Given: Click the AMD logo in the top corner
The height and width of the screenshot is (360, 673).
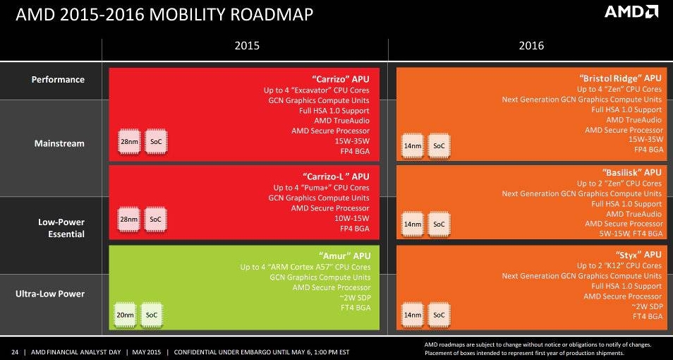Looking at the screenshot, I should [632, 13].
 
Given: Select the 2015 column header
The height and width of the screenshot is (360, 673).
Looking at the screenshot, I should [247, 45].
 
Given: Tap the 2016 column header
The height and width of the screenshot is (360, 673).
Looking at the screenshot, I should [531, 45].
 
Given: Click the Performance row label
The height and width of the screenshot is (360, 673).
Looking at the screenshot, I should [58, 80].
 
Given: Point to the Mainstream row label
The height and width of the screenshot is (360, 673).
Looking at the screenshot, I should [59, 143].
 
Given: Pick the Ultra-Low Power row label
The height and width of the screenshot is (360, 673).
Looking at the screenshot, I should [50, 294].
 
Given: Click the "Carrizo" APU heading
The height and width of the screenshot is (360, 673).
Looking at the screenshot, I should [340, 78].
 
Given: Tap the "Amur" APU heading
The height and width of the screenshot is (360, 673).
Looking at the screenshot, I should [345, 255].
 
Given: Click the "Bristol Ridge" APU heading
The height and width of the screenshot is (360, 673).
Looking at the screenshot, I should [621, 78].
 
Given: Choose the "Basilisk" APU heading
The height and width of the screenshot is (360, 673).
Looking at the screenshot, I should [632, 172].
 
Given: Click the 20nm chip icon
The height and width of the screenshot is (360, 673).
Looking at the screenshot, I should [125, 315].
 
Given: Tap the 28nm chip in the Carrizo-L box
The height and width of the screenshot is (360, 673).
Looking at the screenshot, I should [129, 220].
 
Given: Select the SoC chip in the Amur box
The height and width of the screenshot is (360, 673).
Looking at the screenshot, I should [151, 315].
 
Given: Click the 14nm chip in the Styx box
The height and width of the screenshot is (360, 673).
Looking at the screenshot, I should [413, 315].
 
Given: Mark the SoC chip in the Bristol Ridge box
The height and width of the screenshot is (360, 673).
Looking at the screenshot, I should [439, 145].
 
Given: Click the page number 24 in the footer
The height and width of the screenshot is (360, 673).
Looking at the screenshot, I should [14, 352].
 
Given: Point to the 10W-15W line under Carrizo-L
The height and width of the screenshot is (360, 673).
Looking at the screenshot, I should [351, 219].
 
